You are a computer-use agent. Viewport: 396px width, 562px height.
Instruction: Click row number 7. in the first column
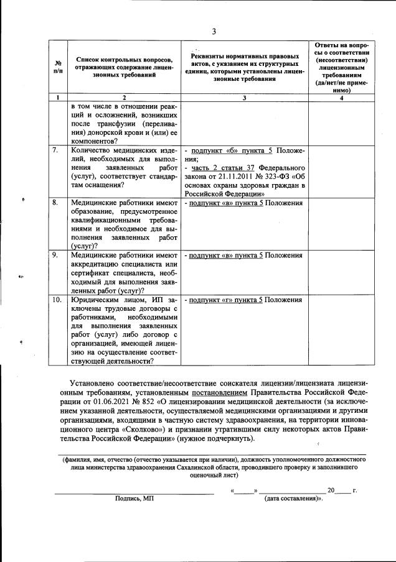click(55, 150)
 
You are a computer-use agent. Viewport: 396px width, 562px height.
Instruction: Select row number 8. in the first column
click(55, 203)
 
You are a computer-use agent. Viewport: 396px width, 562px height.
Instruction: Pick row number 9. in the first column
click(55, 255)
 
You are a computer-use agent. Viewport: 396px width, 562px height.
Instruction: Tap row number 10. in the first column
click(57, 300)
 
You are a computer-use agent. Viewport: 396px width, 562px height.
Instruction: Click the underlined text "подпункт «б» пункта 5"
click(227, 150)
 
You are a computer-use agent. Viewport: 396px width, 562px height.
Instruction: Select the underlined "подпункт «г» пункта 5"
click(224, 300)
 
